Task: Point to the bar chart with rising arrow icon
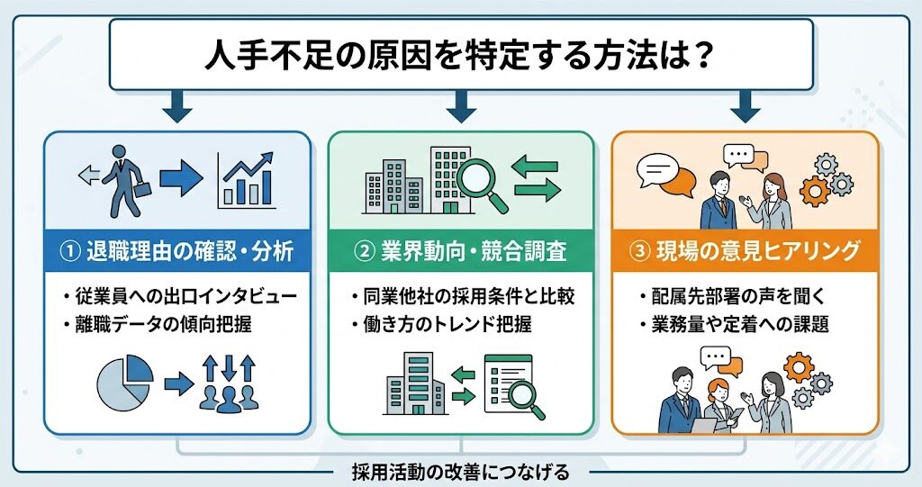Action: click(x=246, y=178)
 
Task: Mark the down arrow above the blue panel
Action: click(x=176, y=108)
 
